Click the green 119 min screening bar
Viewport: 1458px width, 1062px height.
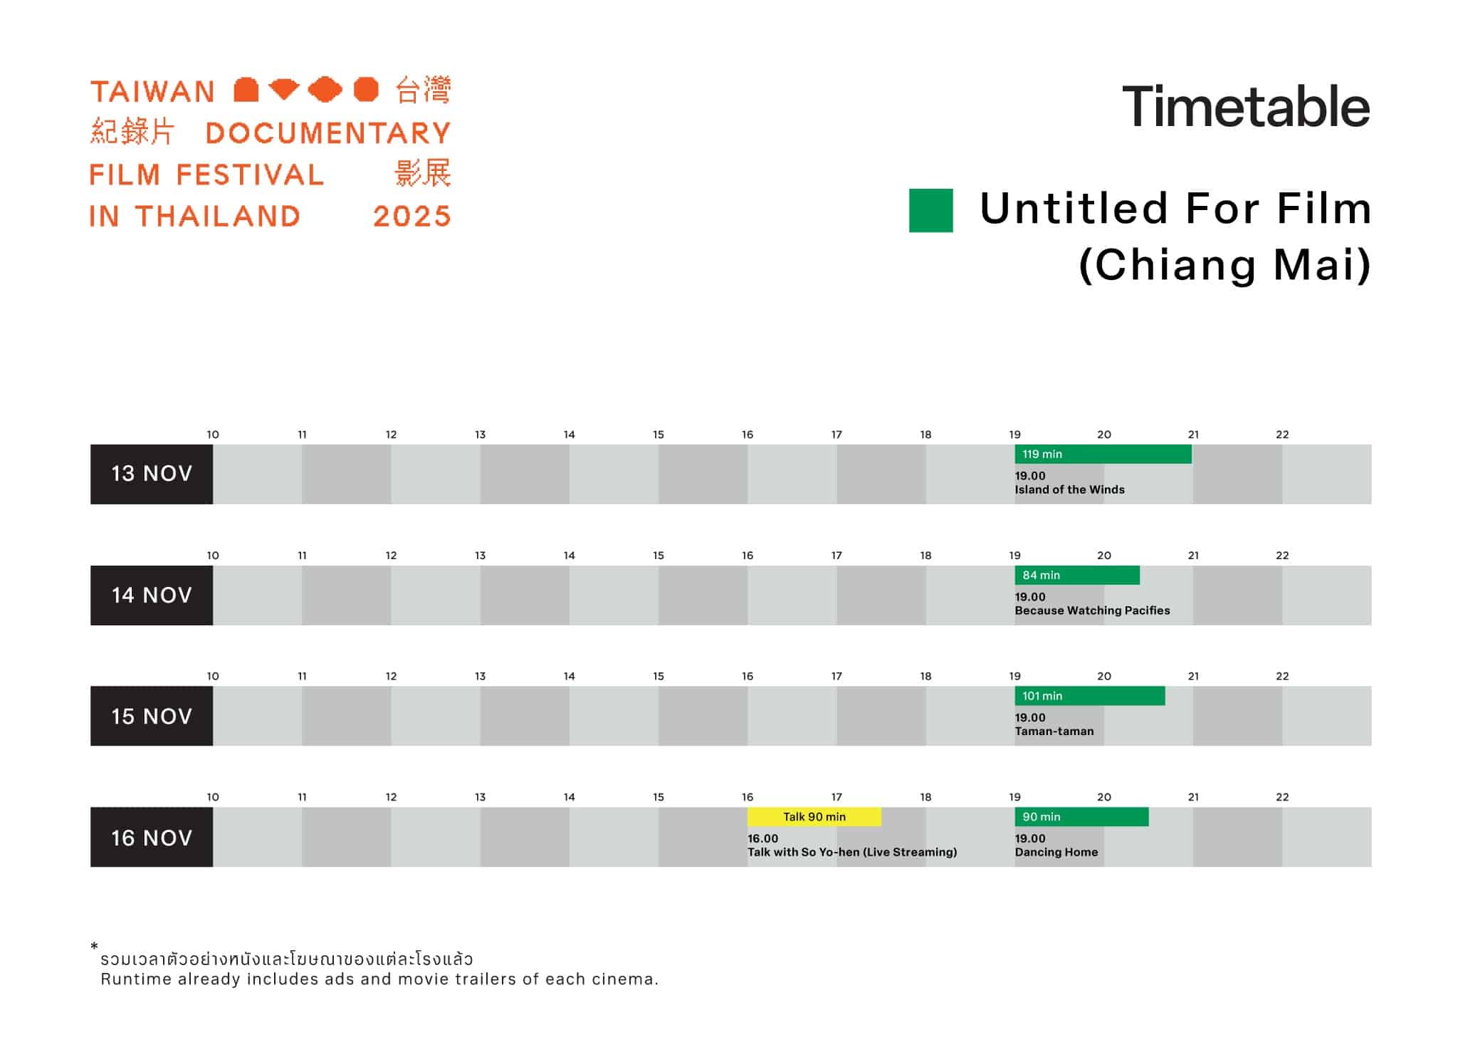1103,454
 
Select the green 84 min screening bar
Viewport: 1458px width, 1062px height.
1077,575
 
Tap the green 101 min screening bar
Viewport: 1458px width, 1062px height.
1090,696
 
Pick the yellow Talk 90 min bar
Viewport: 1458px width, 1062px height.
814,817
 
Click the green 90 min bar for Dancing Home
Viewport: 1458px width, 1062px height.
1081,817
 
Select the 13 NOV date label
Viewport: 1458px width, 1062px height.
152,474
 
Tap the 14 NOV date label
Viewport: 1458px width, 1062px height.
152,595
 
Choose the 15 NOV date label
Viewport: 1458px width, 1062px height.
152,717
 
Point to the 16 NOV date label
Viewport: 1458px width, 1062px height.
152,838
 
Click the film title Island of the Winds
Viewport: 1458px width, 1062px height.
1069,490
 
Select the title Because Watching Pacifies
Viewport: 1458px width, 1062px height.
1092,610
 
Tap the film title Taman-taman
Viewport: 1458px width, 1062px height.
1054,732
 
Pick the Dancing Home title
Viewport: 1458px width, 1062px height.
1056,853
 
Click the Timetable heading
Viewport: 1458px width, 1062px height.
1246,107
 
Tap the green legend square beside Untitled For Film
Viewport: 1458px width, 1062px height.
931,210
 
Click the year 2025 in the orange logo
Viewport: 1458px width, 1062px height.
412,217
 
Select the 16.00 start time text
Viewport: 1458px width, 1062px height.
762,838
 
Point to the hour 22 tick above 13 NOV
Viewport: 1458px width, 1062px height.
1282,434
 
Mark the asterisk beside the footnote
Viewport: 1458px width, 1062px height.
94,946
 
